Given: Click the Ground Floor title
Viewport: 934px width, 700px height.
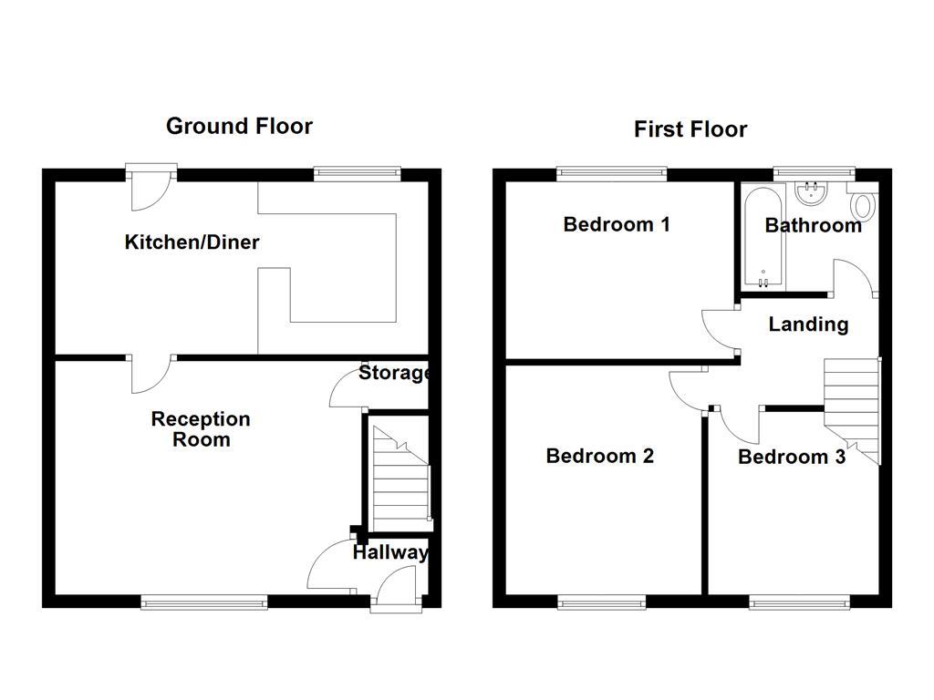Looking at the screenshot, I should [x=239, y=126].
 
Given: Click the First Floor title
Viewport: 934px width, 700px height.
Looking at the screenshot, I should [x=690, y=129].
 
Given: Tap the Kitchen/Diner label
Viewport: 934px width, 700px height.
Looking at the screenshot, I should [x=192, y=242].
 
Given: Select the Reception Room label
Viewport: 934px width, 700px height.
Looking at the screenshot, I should [x=201, y=429].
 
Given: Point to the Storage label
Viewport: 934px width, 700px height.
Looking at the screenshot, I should [x=393, y=373].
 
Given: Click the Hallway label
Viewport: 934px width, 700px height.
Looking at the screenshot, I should [x=389, y=552].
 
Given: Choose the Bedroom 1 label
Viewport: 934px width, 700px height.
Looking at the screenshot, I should [x=617, y=224].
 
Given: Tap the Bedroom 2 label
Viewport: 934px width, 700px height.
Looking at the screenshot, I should [x=599, y=456].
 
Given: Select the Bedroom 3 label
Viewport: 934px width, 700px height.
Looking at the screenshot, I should [x=791, y=457].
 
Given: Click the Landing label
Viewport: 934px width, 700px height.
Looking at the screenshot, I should [x=808, y=324].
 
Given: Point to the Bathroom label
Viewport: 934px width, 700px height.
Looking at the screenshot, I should [x=813, y=225].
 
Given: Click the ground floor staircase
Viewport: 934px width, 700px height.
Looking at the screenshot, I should [x=400, y=474].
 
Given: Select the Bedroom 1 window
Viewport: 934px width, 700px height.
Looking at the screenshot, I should [x=611, y=170].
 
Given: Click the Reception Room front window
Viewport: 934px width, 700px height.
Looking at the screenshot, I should [x=204, y=601].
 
